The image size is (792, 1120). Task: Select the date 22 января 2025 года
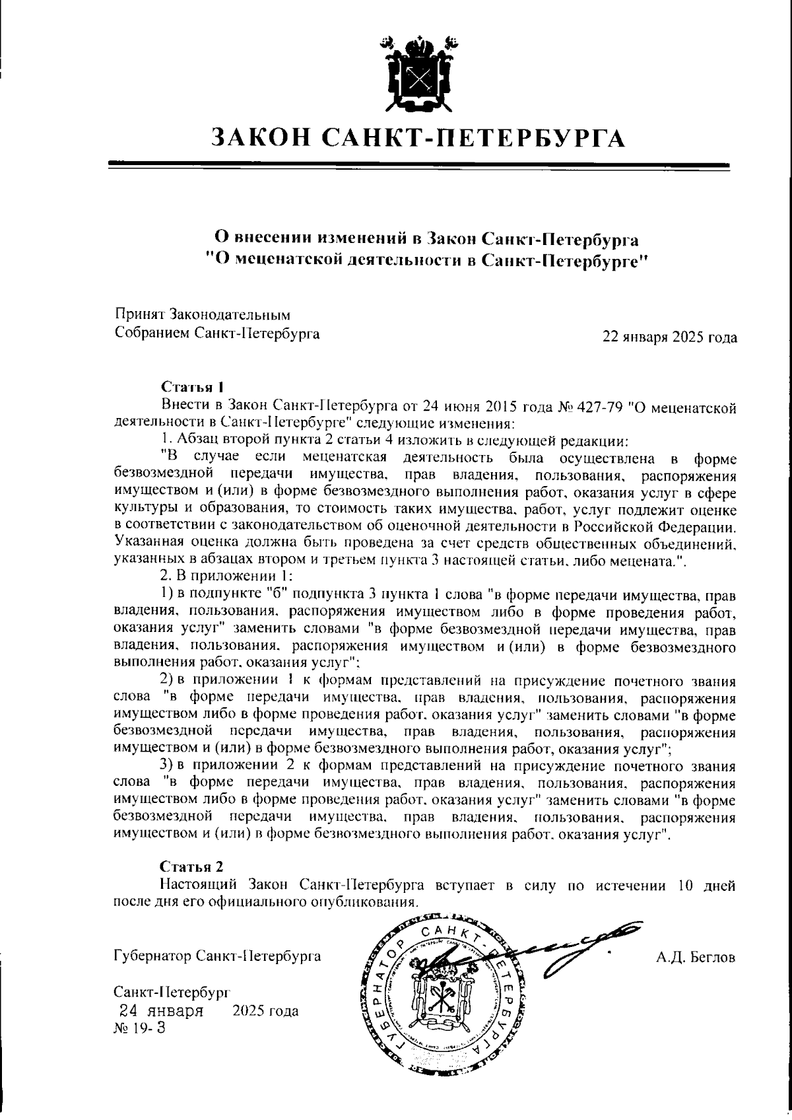point(669,337)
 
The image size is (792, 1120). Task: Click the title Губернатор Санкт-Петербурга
point(218,956)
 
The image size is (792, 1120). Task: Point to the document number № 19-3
point(140,1029)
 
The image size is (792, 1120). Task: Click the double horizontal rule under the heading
point(418,164)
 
